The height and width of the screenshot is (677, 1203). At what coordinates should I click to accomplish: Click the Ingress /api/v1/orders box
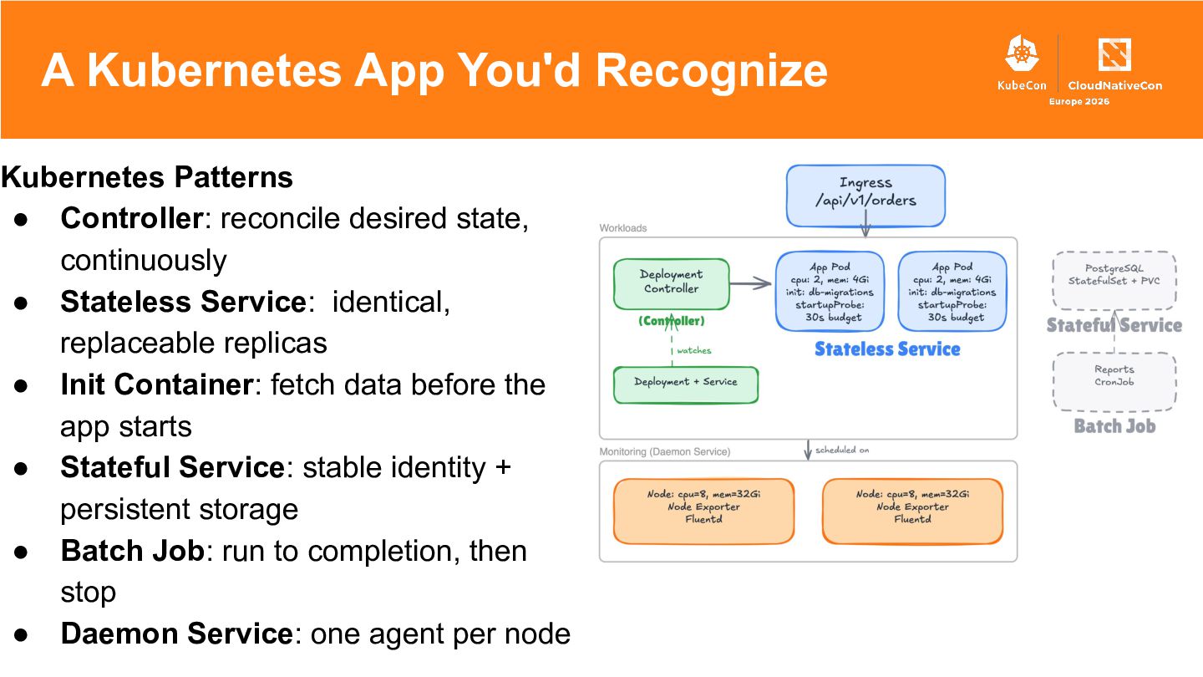click(x=865, y=196)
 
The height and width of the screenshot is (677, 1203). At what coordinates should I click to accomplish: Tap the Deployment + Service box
click(x=686, y=384)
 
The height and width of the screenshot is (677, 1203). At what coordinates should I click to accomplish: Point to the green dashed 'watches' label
click(x=693, y=350)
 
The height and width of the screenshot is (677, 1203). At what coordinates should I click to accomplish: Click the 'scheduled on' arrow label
click(x=841, y=450)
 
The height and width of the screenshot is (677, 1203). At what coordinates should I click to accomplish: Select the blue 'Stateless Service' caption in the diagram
click(x=887, y=349)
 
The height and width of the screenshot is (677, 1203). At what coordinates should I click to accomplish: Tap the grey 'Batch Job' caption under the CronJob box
click(x=1114, y=426)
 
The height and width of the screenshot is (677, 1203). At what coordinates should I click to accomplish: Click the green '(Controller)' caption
click(x=671, y=321)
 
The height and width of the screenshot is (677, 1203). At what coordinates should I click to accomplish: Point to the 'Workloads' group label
click(x=623, y=228)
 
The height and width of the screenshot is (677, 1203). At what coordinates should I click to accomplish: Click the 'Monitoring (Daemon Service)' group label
click(x=665, y=452)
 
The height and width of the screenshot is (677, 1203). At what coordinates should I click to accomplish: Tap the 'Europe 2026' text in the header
click(x=1079, y=102)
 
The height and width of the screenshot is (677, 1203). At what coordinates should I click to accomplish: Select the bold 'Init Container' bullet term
click(x=156, y=384)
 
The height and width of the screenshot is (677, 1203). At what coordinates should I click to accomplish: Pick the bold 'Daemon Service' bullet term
click(x=175, y=634)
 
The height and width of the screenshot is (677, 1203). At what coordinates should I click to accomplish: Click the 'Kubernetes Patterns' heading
click(x=147, y=178)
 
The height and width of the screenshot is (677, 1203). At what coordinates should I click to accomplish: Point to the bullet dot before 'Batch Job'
click(x=23, y=552)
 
